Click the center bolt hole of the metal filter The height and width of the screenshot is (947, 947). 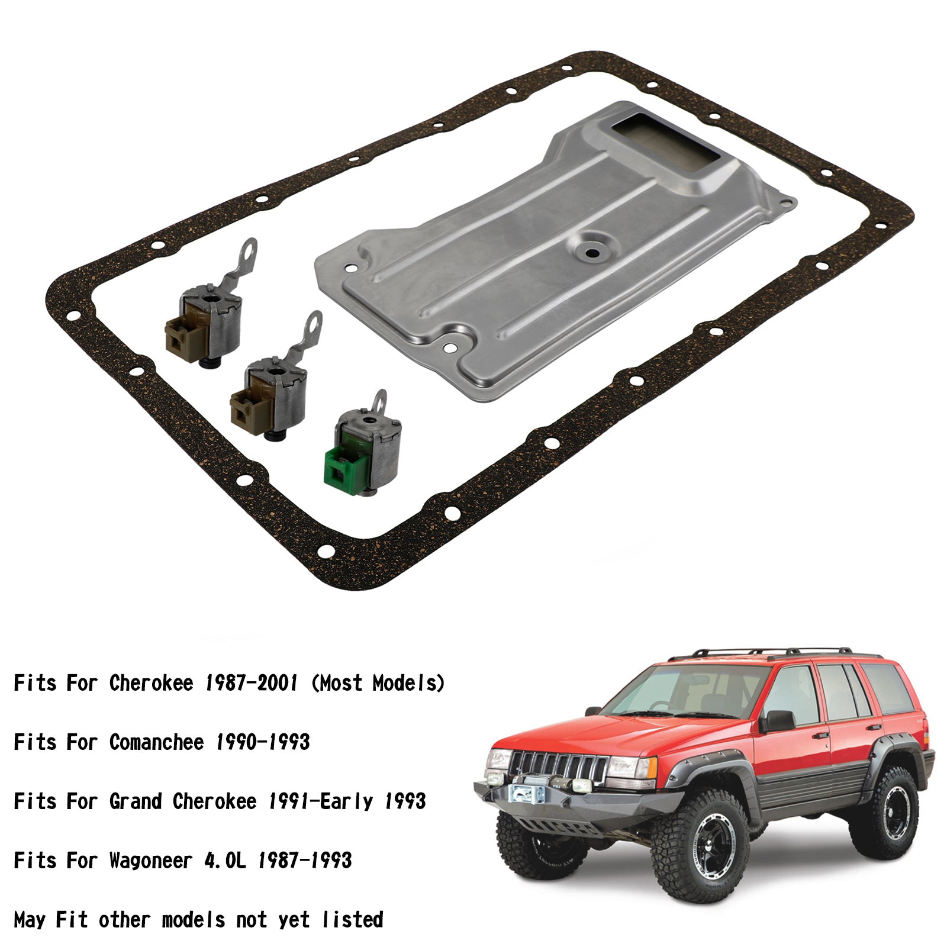[591, 252]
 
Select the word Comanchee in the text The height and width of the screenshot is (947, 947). [156, 742]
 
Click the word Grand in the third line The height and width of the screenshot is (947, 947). [136, 801]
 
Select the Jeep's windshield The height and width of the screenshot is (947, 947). [681, 695]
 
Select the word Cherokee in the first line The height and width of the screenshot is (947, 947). [151, 683]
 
